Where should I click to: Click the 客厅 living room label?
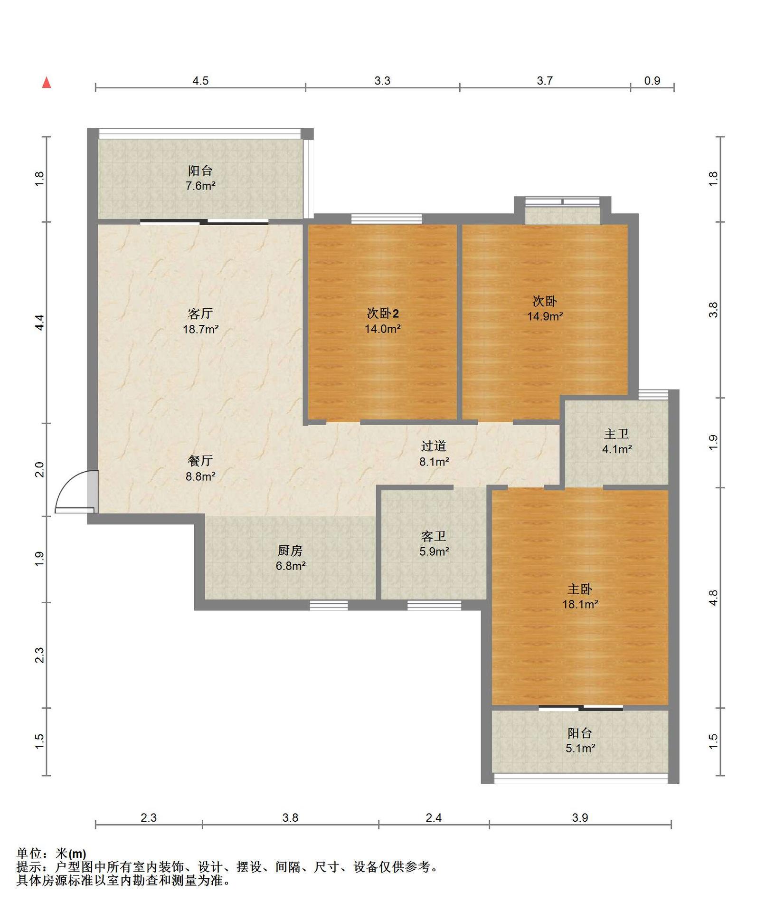pos(200,313)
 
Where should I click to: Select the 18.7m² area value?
pos(200,329)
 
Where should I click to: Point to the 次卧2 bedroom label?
pos(383,313)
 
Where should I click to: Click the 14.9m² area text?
pos(545,316)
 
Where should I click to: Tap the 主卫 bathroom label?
pos(616,434)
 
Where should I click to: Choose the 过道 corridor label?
pos(434,446)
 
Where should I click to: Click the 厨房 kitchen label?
pos(290,551)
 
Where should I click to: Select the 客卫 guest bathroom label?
pos(434,536)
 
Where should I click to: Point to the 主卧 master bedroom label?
pos(580,589)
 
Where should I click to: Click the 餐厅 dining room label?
pos(200,460)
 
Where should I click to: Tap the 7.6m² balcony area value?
pos(200,186)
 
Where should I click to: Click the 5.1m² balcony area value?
pos(580,748)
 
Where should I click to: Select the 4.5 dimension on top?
pos(200,81)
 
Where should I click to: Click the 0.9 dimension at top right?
pos(652,81)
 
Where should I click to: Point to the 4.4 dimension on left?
pos(40,323)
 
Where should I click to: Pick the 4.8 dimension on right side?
pos(713,598)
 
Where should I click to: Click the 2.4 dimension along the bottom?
pos(434,817)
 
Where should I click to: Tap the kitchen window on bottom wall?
pos(329,605)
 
